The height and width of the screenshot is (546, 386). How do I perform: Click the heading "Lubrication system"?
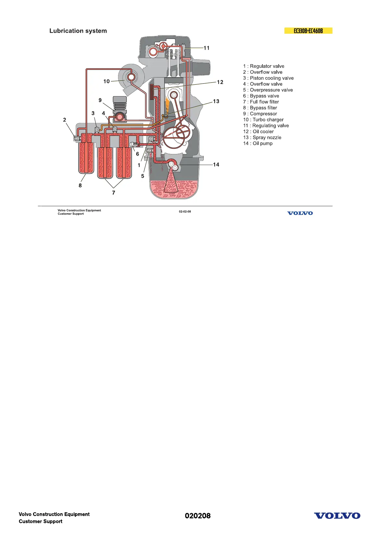78,31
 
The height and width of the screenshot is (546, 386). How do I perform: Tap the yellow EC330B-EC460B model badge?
308,31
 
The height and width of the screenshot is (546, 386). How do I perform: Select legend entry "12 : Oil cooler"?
259,132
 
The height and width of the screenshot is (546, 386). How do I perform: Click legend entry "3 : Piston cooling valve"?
268,78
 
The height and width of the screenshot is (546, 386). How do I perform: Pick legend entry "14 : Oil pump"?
258,143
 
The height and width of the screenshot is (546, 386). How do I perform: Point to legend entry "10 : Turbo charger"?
263,120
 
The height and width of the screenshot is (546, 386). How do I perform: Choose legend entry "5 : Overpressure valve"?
268,90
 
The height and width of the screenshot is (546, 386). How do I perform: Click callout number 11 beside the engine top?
207,48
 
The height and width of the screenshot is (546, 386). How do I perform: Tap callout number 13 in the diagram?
216,101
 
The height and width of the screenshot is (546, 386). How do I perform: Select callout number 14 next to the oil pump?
216,165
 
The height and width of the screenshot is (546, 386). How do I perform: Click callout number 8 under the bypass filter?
80,185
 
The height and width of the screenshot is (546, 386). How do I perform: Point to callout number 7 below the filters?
114,193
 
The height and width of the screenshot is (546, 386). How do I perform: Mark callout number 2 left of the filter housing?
65,120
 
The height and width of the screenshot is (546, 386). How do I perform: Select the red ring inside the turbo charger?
131,77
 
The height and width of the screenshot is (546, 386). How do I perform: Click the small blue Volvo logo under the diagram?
300,213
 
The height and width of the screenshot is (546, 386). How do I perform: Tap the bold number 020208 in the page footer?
198,516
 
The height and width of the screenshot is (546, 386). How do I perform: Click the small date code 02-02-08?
185,212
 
